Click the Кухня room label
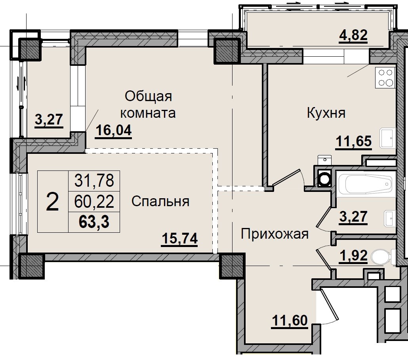coord(326,113)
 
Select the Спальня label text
coord(160,201)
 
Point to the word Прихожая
coord(275,234)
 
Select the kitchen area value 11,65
coord(354,141)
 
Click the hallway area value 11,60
coord(290,320)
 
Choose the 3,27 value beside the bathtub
coord(354,217)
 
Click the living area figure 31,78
coord(94,181)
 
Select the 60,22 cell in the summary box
coord(94,202)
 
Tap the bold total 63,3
coord(94,222)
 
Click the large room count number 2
coord(53,202)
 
